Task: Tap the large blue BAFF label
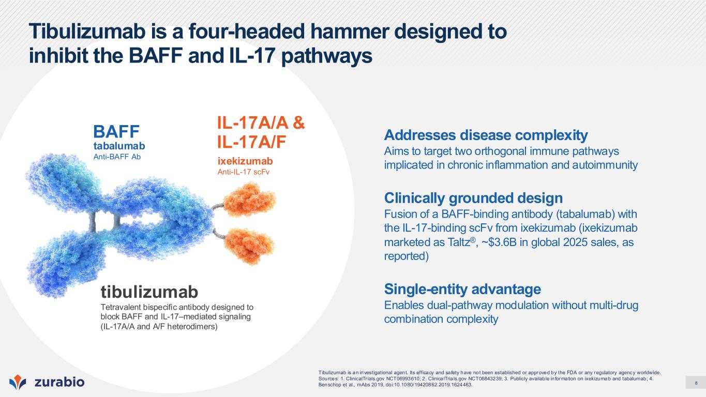pos(116,131)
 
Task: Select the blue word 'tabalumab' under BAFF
pos(119,146)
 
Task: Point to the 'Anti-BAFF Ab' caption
pos(117,157)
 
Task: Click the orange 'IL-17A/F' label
pos(251,142)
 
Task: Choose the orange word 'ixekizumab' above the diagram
pos(245,161)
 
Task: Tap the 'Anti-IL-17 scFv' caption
pos(243,172)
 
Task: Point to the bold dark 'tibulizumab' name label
pos(149,292)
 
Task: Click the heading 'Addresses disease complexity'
pos(486,135)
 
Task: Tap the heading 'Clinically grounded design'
pos(473,198)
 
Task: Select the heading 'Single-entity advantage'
pos(462,289)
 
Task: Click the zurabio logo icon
pos(18,382)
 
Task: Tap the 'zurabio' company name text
pos(59,382)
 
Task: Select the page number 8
pos(696,384)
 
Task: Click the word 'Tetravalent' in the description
pos(121,307)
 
